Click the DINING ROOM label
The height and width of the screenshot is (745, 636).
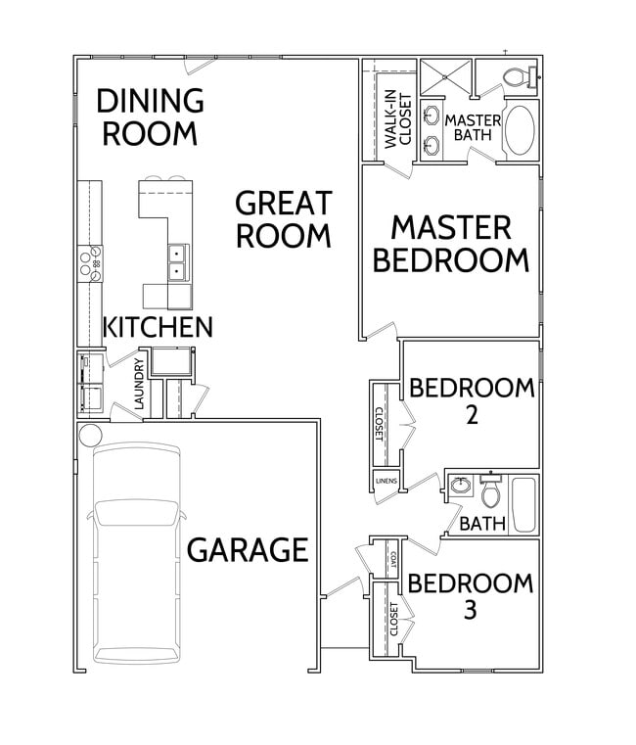150,116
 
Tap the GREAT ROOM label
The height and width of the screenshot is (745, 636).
284,219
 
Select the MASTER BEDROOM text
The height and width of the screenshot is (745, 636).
451,244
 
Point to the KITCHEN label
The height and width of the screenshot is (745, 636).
158,327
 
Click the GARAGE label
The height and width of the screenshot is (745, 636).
248,550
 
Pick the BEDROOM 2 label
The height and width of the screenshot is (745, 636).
472,399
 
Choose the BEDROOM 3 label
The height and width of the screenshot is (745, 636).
471,596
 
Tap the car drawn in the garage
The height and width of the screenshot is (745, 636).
136,553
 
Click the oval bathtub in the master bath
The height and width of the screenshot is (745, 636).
520,132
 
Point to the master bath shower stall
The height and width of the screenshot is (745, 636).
445,77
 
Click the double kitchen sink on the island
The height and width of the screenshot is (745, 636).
178,263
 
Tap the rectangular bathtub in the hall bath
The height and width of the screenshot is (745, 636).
523,504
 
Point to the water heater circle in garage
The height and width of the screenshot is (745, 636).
90,434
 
